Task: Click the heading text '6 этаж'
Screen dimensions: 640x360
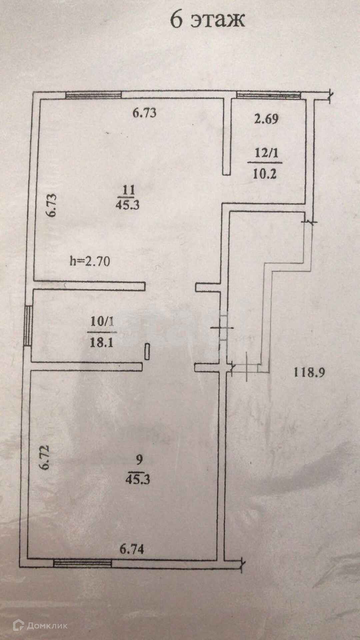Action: click(207, 20)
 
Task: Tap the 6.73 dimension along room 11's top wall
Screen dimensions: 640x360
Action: click(144, 113)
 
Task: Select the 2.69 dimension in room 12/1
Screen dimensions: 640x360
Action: click(266, 119)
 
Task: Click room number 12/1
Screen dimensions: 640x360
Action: click(266, 154)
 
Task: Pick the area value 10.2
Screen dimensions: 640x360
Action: click(265, 174)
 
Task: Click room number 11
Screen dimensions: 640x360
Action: click(128, 190)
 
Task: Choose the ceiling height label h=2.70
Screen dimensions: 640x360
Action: click(90, 261)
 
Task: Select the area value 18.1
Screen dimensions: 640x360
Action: click(102, 342)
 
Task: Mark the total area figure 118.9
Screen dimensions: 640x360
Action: click(309, 372)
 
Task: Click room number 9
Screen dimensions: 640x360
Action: click(139, 460)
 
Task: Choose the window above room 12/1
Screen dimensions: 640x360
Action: click(269, 95)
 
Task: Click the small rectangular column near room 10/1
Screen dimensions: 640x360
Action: click(147, 352)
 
